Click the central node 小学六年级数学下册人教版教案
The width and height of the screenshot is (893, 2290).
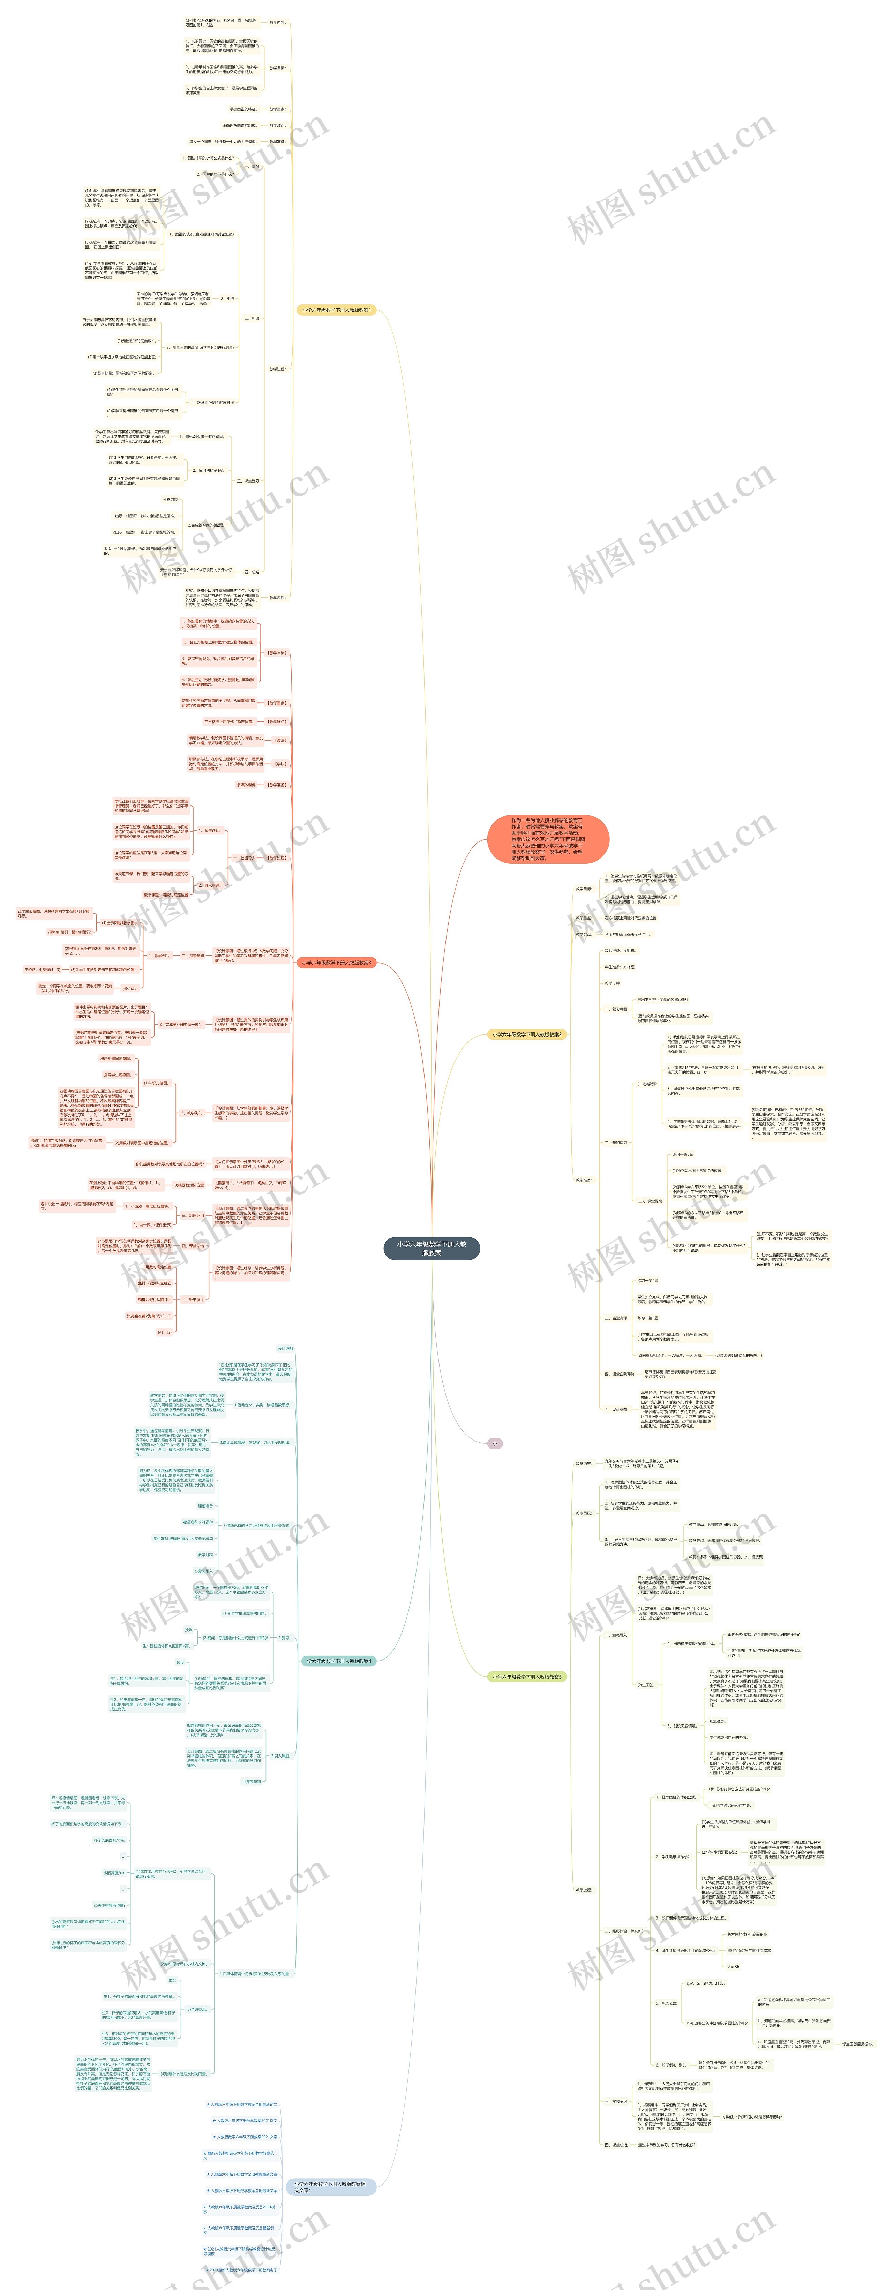[x=431, y=1248]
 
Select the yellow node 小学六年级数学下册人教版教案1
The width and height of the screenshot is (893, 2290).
[x=336, y=310]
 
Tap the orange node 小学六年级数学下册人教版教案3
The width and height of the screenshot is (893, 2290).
[x=336, y=963]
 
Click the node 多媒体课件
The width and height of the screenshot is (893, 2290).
[x=245, y=785]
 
